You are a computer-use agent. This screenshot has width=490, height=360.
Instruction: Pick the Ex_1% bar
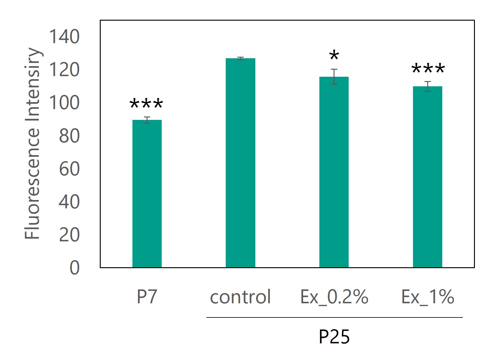(427, 177)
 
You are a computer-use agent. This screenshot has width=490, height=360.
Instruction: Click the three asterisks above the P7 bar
(146, 104)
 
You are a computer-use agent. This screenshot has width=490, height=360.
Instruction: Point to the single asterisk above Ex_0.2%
(334, 56)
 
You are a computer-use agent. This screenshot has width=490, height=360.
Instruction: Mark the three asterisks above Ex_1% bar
(428, 69)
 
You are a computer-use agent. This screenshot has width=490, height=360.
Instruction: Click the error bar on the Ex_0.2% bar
(334, 77)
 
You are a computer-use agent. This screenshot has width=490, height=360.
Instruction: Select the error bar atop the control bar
(241, 58)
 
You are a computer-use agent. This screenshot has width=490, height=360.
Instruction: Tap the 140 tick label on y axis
(64, 37)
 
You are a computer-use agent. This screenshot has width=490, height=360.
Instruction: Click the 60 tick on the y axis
(69, 169)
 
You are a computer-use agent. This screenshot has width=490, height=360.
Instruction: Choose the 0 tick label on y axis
(75, 268)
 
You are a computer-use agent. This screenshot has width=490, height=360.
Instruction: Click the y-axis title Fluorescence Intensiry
(32, 143)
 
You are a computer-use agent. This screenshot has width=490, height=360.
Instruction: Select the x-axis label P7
(147, 297)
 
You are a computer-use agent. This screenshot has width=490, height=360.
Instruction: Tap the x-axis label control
(240, 297)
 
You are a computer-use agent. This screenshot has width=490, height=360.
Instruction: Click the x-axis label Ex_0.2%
(334, 297)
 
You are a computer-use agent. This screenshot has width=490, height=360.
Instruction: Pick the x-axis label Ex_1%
(427, 297)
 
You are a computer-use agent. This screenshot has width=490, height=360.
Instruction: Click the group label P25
(334, 337)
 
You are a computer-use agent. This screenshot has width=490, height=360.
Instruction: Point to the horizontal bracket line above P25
(334, 317)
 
